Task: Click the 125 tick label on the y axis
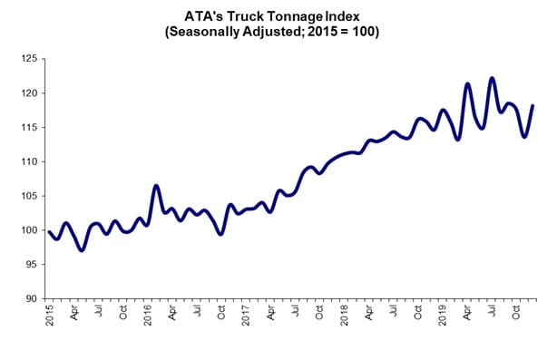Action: click(x=28, y=59)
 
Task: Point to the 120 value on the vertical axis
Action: click(x=28, y=93)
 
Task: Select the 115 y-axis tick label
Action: click(x=28, y=128)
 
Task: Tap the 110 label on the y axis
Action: click(x=28, y=161)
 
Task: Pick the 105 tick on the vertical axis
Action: click(x=28, y=196)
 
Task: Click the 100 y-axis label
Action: click(x=28, y=230)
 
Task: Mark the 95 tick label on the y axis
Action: click(x=31, y=265)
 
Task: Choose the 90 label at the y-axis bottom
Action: click(x=31, y=298)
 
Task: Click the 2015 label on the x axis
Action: click(x=50, y=316)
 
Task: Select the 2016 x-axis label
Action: click(x=148, y=316)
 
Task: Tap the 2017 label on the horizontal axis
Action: click(x=246, y=316)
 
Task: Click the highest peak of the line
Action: click(x=492, y=78)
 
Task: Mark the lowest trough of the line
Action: click(x=82, y=249)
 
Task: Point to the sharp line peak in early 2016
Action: click(x=156, y=186)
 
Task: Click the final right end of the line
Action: click(x=533, y=106)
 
